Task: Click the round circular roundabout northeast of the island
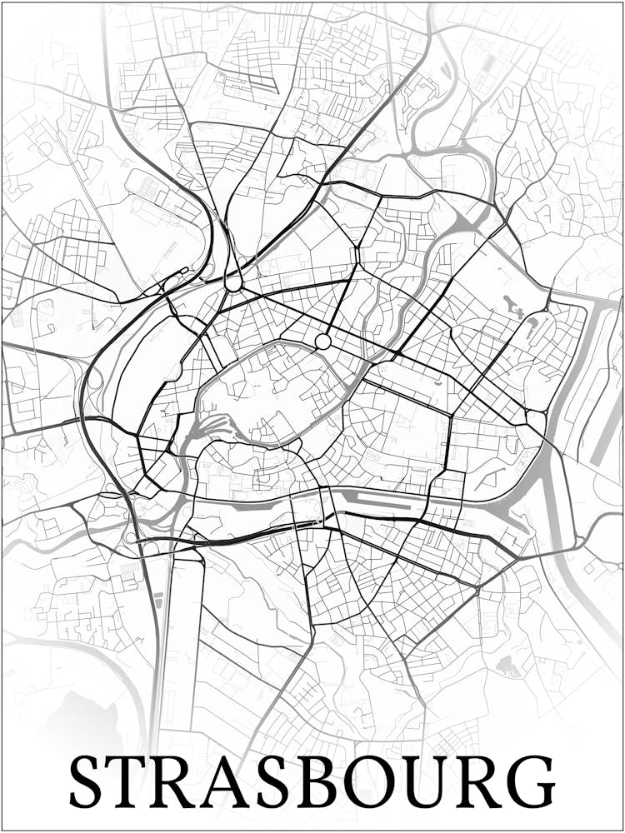click(x=322, y=342)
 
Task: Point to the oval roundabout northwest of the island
click(x=233, y=282)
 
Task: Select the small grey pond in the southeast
click(x=506, y=665)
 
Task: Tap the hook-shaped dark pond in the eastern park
click(x=512, y=307)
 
